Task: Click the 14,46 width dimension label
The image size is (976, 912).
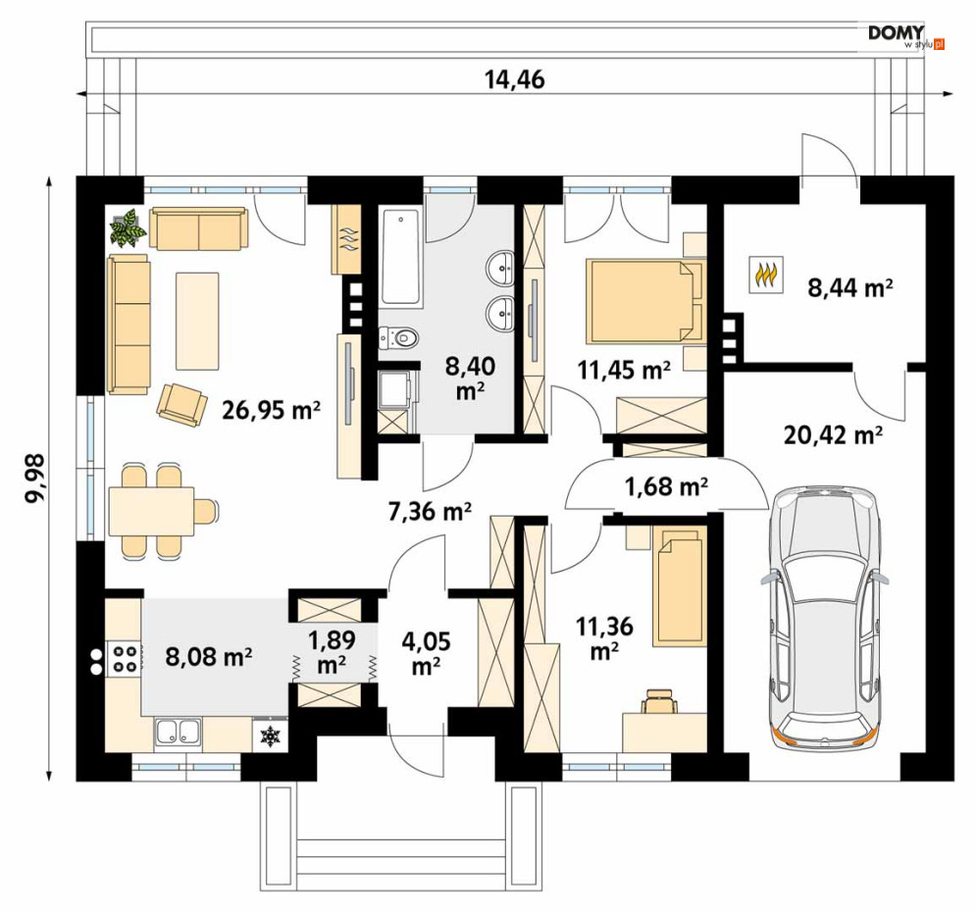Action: click(x=514, y=79)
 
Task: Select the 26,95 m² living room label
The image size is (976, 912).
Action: click(x=272, y=409)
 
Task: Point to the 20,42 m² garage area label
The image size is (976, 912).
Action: click(x=833, y=434)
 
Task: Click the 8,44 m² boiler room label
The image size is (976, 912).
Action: click(x=850, y=287)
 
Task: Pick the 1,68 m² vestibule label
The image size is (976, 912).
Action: click(x=666, y=485)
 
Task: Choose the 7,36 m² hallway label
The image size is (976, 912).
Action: click(x=430, y=511)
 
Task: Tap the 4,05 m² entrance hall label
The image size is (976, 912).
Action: click(x=427, y=652)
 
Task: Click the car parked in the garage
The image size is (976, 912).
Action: click(x=824, y=615)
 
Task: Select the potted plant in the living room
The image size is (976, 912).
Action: click(x=128, y=228)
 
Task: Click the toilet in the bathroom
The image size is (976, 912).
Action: click(x=398, y=337)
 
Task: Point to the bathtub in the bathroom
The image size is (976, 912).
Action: click(x=400, y=258)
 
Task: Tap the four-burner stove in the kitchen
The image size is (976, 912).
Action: click(x=124, y=659)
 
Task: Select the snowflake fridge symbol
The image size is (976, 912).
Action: click(x=270, y=735)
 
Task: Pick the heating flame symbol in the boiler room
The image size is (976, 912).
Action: click(x=766, y=274)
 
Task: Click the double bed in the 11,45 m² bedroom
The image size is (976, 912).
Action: click(x=645, y=301)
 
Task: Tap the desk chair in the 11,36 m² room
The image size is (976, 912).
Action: click(x=660, y=700)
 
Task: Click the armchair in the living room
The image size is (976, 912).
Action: click(x=182, y=405)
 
